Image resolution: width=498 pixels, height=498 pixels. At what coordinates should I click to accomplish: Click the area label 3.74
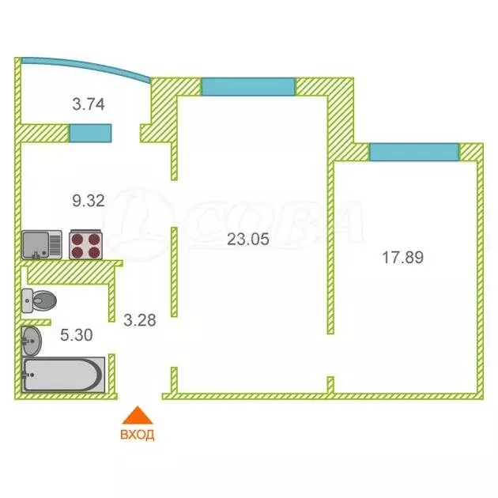pos(89,104)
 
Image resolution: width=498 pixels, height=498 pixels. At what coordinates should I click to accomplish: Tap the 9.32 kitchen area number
pos(89,201)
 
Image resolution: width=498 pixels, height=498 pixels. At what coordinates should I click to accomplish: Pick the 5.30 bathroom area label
pos(77,334)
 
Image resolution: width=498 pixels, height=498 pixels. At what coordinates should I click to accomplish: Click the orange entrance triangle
pos(138,416)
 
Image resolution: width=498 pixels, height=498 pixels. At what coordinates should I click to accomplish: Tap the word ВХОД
pos(138,434)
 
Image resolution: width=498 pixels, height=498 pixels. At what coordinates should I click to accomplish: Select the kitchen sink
pos(42,244)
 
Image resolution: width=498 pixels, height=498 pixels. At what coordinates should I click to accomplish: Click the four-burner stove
pos(86,244)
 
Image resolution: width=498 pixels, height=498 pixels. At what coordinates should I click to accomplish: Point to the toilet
pos(39,300)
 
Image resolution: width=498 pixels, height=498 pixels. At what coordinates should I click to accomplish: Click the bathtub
pos(63,375)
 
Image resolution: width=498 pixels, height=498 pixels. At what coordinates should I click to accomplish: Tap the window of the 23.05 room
pos(248,86)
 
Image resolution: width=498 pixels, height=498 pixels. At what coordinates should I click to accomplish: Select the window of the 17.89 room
pos(413,151)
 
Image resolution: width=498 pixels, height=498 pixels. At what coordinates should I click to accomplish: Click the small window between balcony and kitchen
pos(90,133)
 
